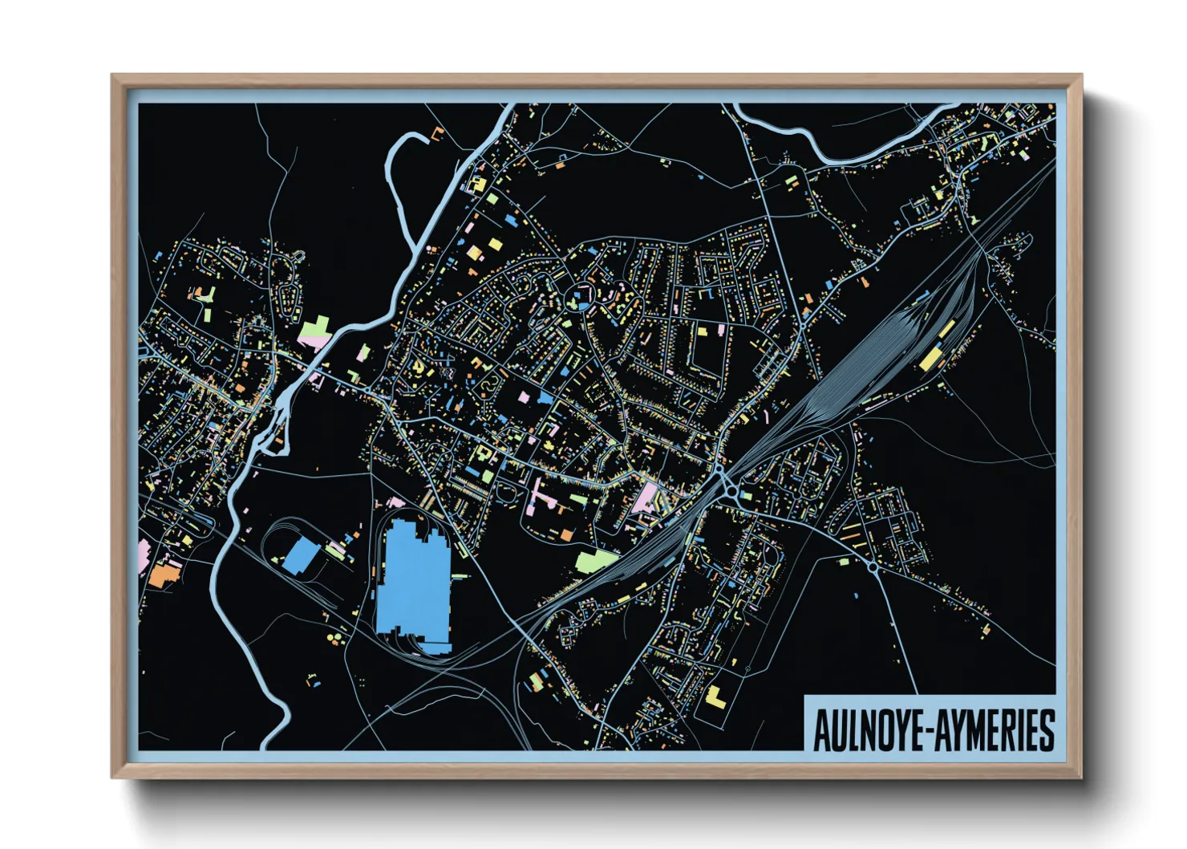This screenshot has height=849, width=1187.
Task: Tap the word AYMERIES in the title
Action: coord(995,730)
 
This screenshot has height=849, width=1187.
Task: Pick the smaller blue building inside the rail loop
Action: coord(302,555)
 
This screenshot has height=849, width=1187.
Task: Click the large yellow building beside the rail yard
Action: coord(932,357)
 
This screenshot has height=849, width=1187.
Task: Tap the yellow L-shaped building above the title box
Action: coord(715,697)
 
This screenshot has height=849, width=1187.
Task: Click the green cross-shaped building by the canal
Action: coord(314,331)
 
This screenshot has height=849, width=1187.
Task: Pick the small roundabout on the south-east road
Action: coord(872,567)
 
